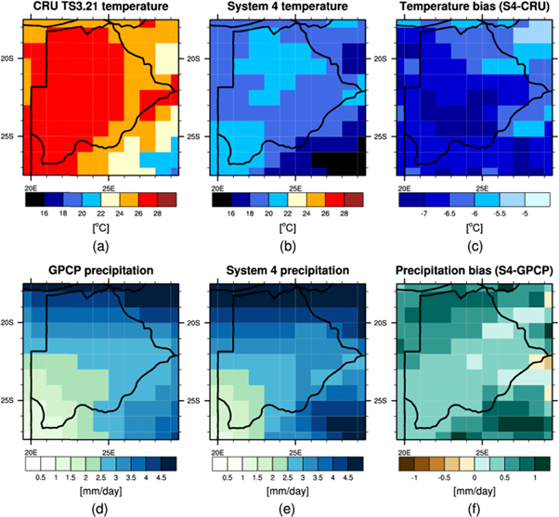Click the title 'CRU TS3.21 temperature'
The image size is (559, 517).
(x=97, y=9)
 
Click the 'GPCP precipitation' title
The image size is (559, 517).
(x=97, y=274)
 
